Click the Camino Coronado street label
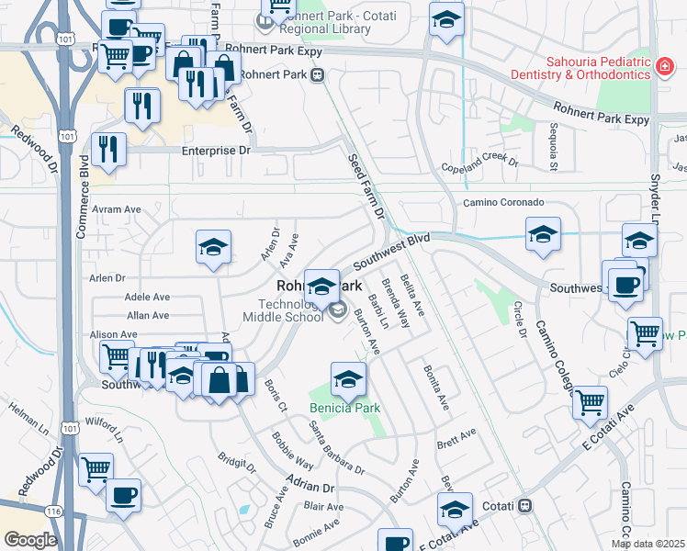[x=502, y=202]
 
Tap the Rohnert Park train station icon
[x=317, y=75]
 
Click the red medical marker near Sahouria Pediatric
[x=662, y=65]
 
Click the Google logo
[x=31, y=540]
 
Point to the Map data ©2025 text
[x=648, y=544]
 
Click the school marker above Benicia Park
[x=348, y=378]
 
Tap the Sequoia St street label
[x=554, y=147]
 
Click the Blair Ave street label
[x=323, y=507]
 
